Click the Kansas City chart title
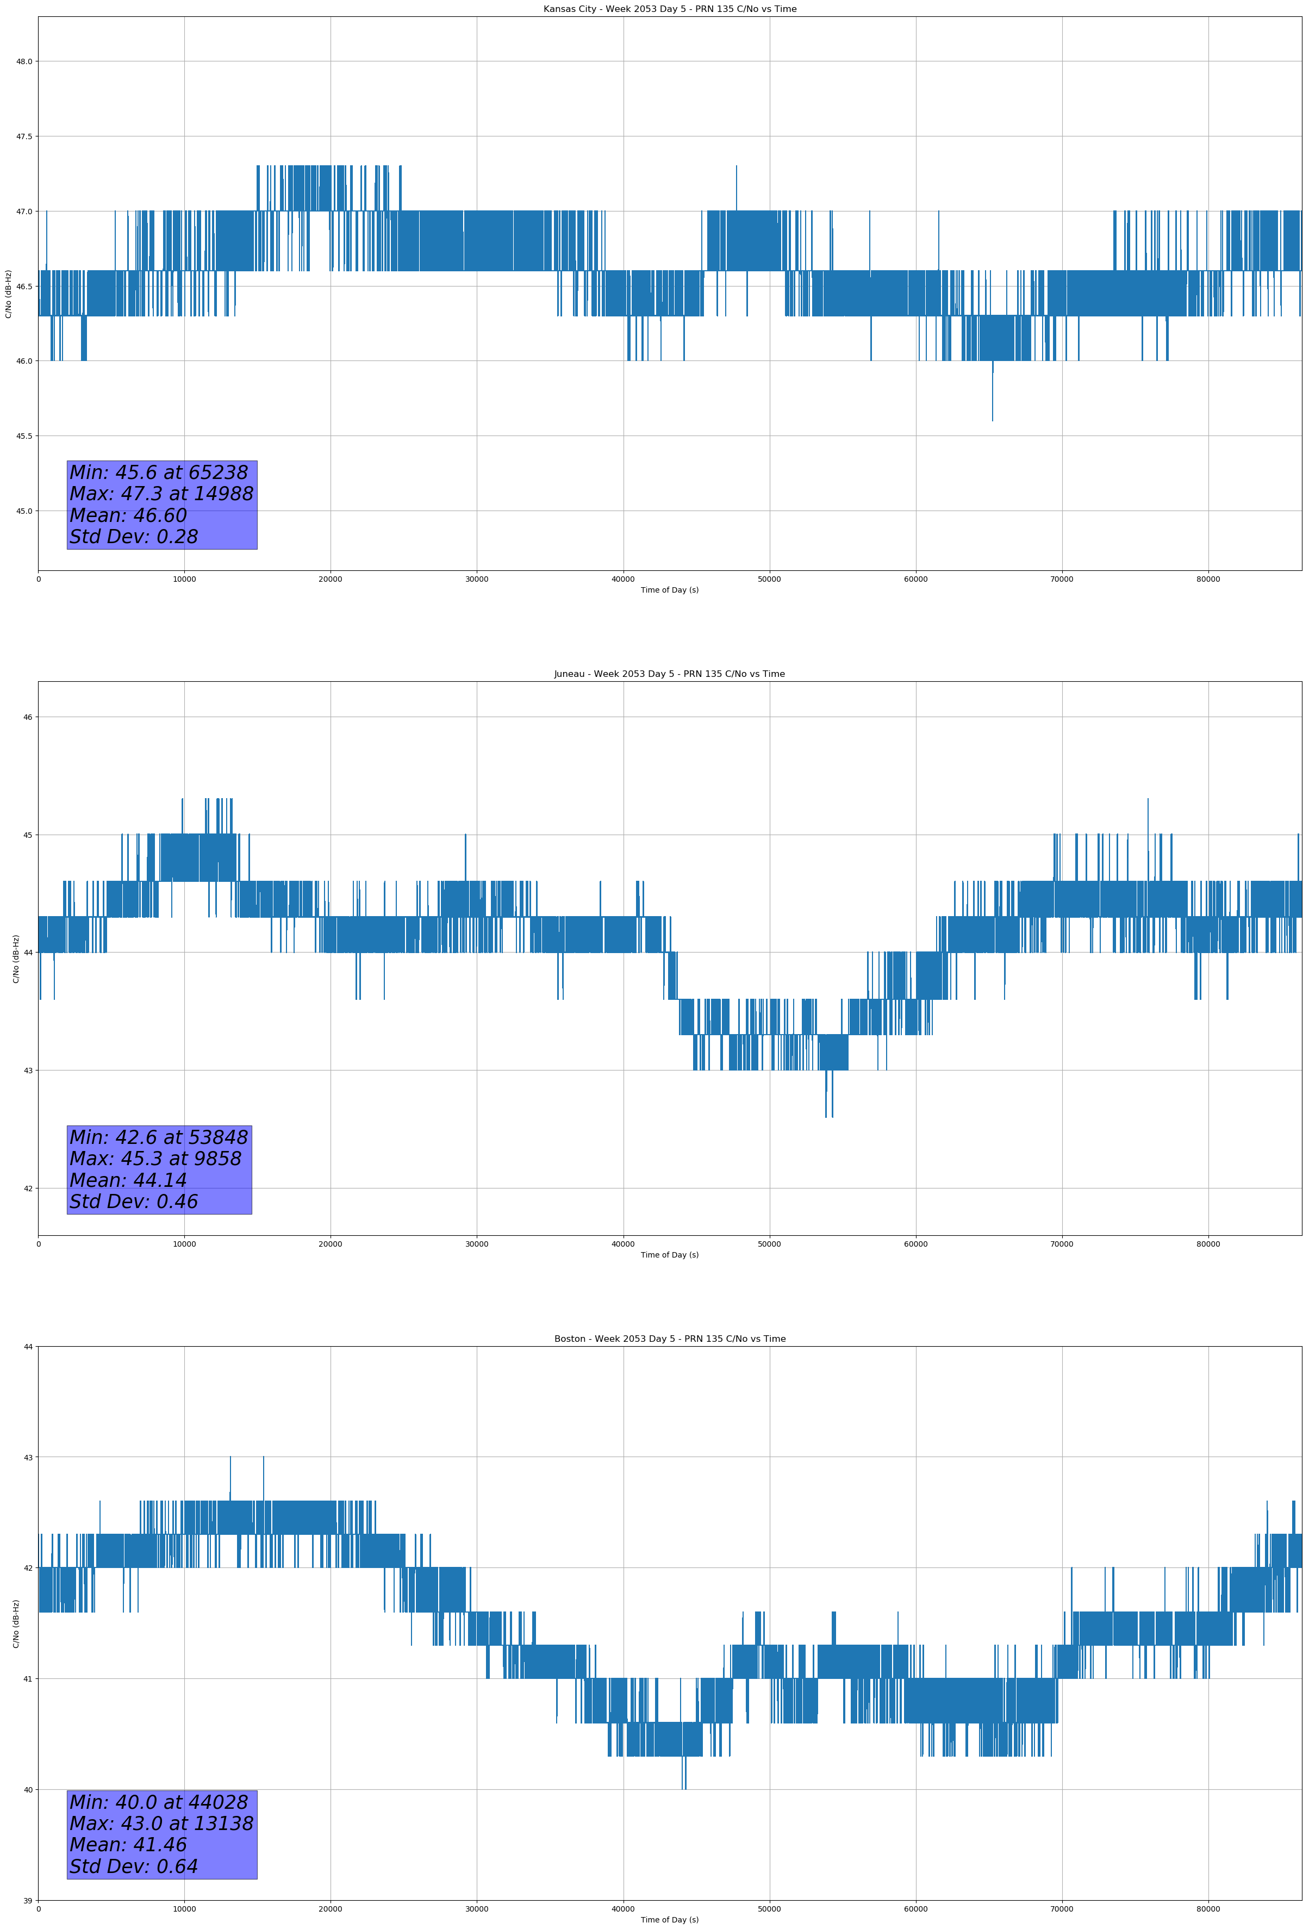[x=669, y=9]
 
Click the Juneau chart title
[x=669, y=674]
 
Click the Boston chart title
[x=669, y=1339]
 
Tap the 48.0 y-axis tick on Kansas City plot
[x=24, y=61]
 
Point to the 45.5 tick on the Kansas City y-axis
[x=24, y=436]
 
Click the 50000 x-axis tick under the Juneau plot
[x=769, y=1244]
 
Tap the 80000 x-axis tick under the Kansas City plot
[x=1208, y=580]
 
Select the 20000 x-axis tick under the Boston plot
[x=331, y=1909]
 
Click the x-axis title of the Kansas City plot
[x=669, y=590]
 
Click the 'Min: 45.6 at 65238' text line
[x=159, y=472]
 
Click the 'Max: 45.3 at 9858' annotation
[x=155, y=1159]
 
